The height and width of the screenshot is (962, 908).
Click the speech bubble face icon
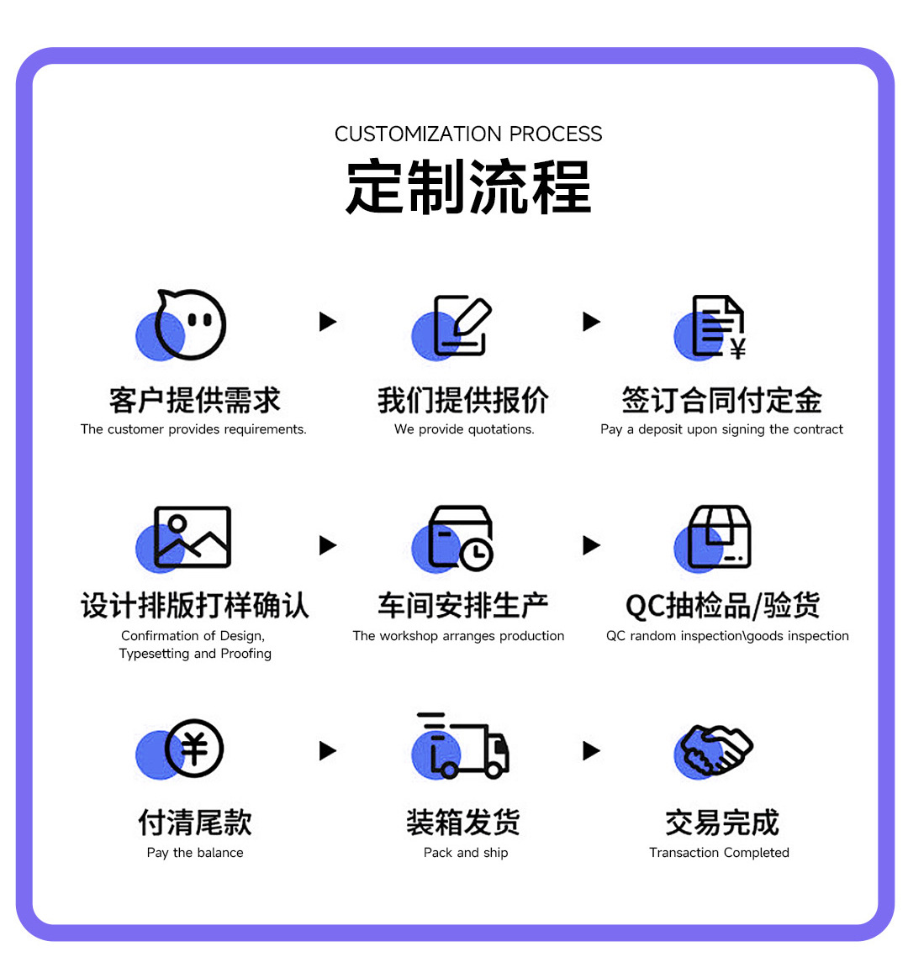(190, 324)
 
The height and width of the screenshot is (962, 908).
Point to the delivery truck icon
(463, 745)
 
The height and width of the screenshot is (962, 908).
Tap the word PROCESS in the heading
(556, 134)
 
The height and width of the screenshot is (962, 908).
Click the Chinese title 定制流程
(468, 187)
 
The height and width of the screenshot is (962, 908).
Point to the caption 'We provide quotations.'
(464, 429)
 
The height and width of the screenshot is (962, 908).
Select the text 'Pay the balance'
(195, 853)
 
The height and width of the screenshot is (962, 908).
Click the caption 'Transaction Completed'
(719, 853)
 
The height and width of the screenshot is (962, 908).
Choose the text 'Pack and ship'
(466, 853)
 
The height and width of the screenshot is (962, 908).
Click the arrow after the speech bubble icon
(328, 322)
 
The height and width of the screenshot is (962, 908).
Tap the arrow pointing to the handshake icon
(592, 750)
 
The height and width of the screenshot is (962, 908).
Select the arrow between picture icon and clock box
(328, 545)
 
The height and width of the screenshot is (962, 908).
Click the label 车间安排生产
(462, 606)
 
